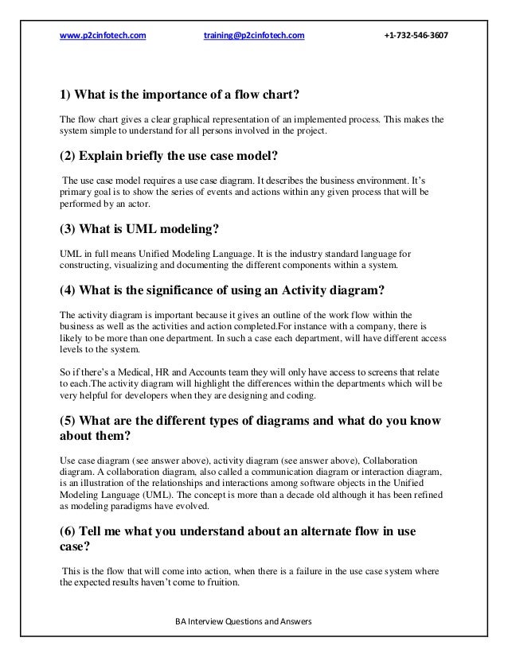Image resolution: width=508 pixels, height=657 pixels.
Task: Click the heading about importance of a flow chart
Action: pos(180,98)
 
